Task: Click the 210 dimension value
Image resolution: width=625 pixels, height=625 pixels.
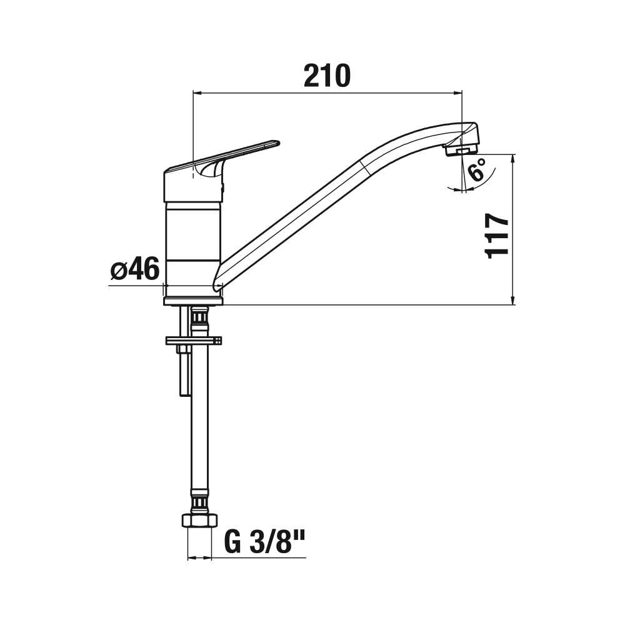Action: (327, 76)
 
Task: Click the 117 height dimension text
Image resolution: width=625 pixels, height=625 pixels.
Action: (496, 236)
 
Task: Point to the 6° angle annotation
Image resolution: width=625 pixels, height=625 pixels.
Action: (477, 169)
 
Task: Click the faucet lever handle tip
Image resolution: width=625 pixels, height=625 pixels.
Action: (277, 142)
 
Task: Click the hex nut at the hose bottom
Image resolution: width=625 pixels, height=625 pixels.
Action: (200, 521)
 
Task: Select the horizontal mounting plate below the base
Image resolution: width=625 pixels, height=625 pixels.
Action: (194, 340)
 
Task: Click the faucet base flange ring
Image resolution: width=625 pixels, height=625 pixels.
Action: (194, 301)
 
